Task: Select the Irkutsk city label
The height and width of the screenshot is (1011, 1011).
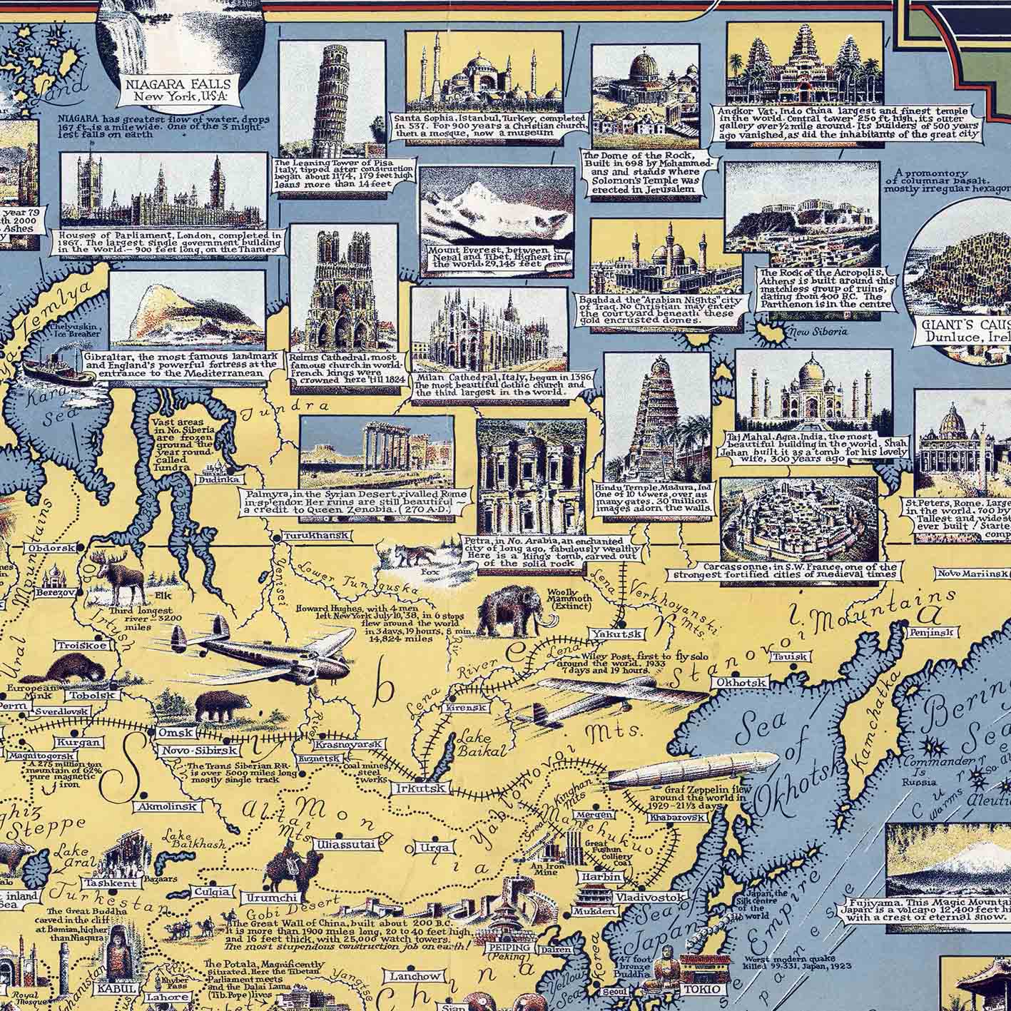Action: coord(420,788)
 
